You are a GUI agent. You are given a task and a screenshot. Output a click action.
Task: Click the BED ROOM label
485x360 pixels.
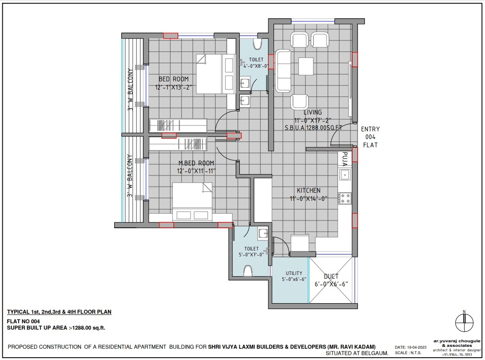(x=173, y=79)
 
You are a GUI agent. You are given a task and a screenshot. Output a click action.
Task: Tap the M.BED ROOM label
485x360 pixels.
(x=196, y=163)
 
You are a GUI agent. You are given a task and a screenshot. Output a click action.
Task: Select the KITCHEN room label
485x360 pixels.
(x=308, y=190)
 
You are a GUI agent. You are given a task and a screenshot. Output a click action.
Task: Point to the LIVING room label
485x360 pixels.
(x=313, y=112)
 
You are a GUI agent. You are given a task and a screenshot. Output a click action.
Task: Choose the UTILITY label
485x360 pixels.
(x=294, y=273)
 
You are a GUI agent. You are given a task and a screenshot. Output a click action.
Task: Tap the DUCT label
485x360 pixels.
(x=331, y=276)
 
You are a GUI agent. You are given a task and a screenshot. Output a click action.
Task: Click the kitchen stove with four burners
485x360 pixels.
(x=345, y=198)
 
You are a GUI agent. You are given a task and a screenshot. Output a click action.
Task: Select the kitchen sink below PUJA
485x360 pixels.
(x=345, y=175)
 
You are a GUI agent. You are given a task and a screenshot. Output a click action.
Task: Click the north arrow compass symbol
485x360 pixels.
(x=464, y=322)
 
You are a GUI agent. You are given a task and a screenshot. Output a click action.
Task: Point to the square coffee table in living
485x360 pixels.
(x=306, y=66)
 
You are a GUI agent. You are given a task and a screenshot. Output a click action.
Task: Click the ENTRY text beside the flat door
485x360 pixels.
(x=370, y=129)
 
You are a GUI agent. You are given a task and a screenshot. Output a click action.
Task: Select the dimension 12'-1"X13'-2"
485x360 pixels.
(x=173, y=87)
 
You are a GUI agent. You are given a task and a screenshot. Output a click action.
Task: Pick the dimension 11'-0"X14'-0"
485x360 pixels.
(x=308, y=199)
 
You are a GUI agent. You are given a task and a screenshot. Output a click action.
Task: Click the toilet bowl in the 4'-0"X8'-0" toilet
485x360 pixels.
(x=257, y=44)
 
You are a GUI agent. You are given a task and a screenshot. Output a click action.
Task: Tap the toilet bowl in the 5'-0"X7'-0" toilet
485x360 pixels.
(x=248, y=271)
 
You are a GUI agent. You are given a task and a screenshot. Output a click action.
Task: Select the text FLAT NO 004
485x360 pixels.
(x=23, y=321)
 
